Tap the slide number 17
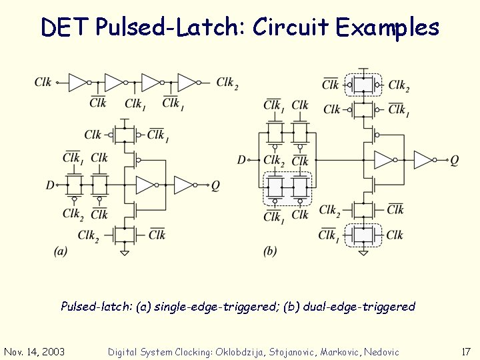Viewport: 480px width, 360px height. pyautogui.click(x=466, y=351)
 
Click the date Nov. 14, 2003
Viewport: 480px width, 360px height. pyautogui.click(x=34, y=351)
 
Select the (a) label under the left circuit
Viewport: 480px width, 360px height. pyautogui.click(x=60, y=251)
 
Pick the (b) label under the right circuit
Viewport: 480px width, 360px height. pyautogui.click(x=269, y=251)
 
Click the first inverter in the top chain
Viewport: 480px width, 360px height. pyautogui.click(x=79, y=83)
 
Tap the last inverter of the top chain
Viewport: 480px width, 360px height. pyautogui.click(x=187, y=83)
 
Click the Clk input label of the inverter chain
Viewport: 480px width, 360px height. pyautogui.click(x=43, y=83)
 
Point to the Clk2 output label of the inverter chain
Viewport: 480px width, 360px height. pyautogui.click(x=227, y=83)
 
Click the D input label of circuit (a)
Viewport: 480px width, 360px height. pyautogui.click(x=50, y=185)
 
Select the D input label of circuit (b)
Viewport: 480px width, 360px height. pyautogui.click(x=241, y=160)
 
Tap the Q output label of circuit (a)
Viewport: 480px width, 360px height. pyautogui.click(x=215, y=185)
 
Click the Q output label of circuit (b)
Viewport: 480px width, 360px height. pyautogui.click(x=454, y=160)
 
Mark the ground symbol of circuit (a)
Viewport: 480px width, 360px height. pyautogui.click(x=125, y=252)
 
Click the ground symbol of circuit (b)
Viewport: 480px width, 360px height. pyautogui.click(x=363, y=252)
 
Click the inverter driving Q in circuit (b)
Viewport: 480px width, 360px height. pyautogui.click(x=423, y=160)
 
